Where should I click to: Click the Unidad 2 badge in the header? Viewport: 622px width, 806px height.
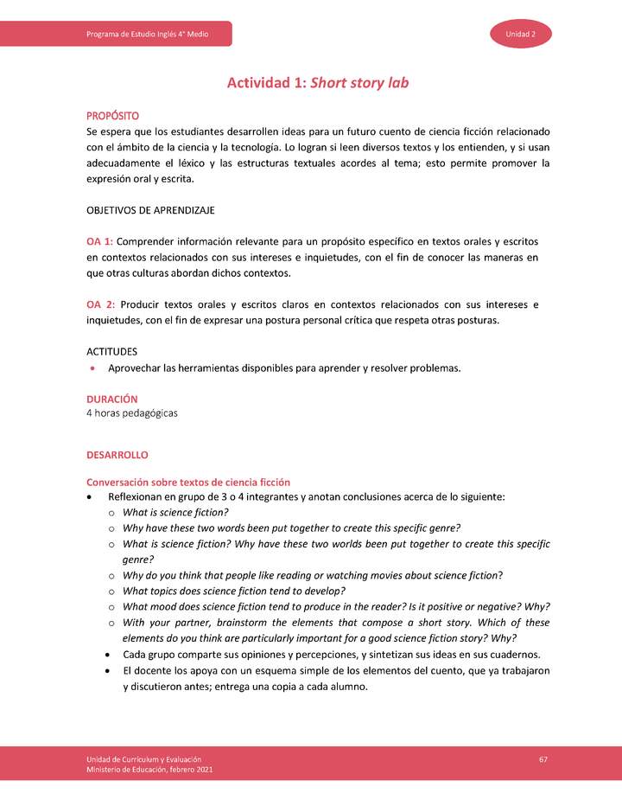(x=521, y=34)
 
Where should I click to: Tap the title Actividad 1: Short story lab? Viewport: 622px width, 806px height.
(x=317, y=83)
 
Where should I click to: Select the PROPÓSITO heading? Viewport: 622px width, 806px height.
(x=112, y=116)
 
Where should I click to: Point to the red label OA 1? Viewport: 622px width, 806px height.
(x=100, y=241)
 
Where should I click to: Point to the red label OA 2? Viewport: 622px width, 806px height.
(x=100, y=304)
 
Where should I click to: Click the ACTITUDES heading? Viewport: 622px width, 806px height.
(x=111, y=351)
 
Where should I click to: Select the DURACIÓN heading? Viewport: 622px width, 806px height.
(x=112, y=399)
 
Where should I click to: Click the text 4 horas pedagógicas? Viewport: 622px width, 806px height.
(x=132, y=413)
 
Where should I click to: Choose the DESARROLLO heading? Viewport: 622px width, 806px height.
(x=117, y=454)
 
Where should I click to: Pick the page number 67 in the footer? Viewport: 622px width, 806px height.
(x=543, y=758)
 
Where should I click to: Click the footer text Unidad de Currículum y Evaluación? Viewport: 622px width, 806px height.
(x=144, y=758)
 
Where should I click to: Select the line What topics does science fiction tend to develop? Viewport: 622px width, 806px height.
(x=234, y=591)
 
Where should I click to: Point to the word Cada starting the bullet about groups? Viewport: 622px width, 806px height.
(x=136, y=654)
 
